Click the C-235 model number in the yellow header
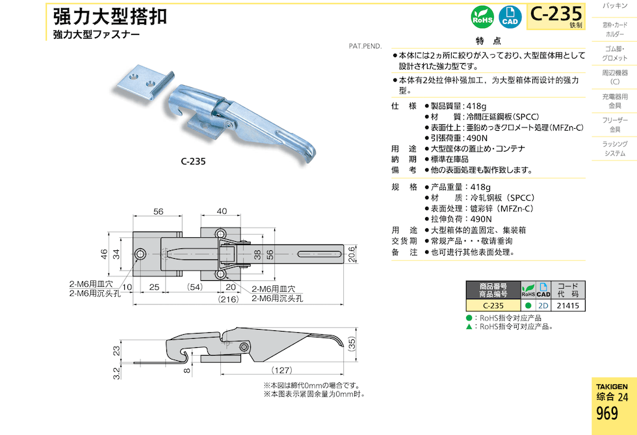tap(556, 12)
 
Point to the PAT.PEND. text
tap(365, 46)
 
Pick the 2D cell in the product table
tap(543, 306)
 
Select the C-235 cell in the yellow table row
tap(493, 306)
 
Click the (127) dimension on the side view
tap(281, 370)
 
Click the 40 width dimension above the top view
tap(222, 211)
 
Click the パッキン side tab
tap(614, 6)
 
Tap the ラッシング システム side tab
tap(614, 148)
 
